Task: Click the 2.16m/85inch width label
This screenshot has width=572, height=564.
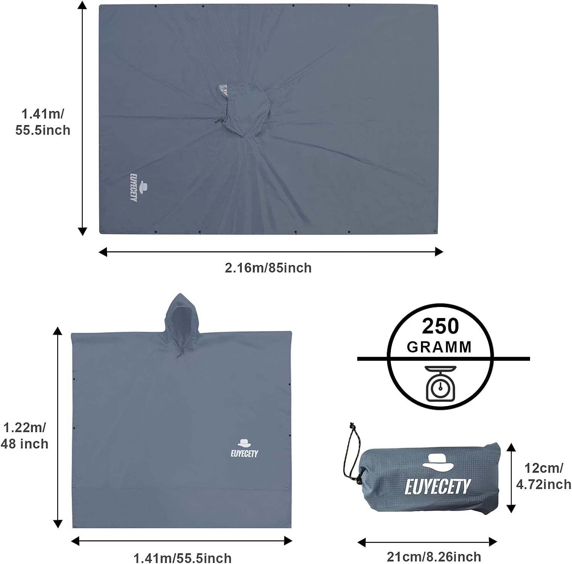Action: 268,268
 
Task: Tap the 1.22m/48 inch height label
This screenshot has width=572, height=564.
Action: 24,435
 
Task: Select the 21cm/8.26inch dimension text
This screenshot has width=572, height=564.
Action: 434,556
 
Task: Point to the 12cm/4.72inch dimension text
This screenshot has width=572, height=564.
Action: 543,476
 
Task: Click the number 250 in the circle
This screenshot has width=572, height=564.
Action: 440,326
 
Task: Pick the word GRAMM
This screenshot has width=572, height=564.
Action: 439,347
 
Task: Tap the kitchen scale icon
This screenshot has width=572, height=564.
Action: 440,383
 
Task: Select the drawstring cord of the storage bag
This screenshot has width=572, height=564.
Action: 350,454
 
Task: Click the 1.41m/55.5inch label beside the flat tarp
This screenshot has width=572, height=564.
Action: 43,122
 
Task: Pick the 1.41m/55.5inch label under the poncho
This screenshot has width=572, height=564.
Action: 182,558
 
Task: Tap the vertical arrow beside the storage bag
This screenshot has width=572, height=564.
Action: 511,478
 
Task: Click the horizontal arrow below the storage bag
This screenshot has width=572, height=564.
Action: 427,542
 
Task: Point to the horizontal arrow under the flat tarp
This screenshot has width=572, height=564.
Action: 271,252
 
